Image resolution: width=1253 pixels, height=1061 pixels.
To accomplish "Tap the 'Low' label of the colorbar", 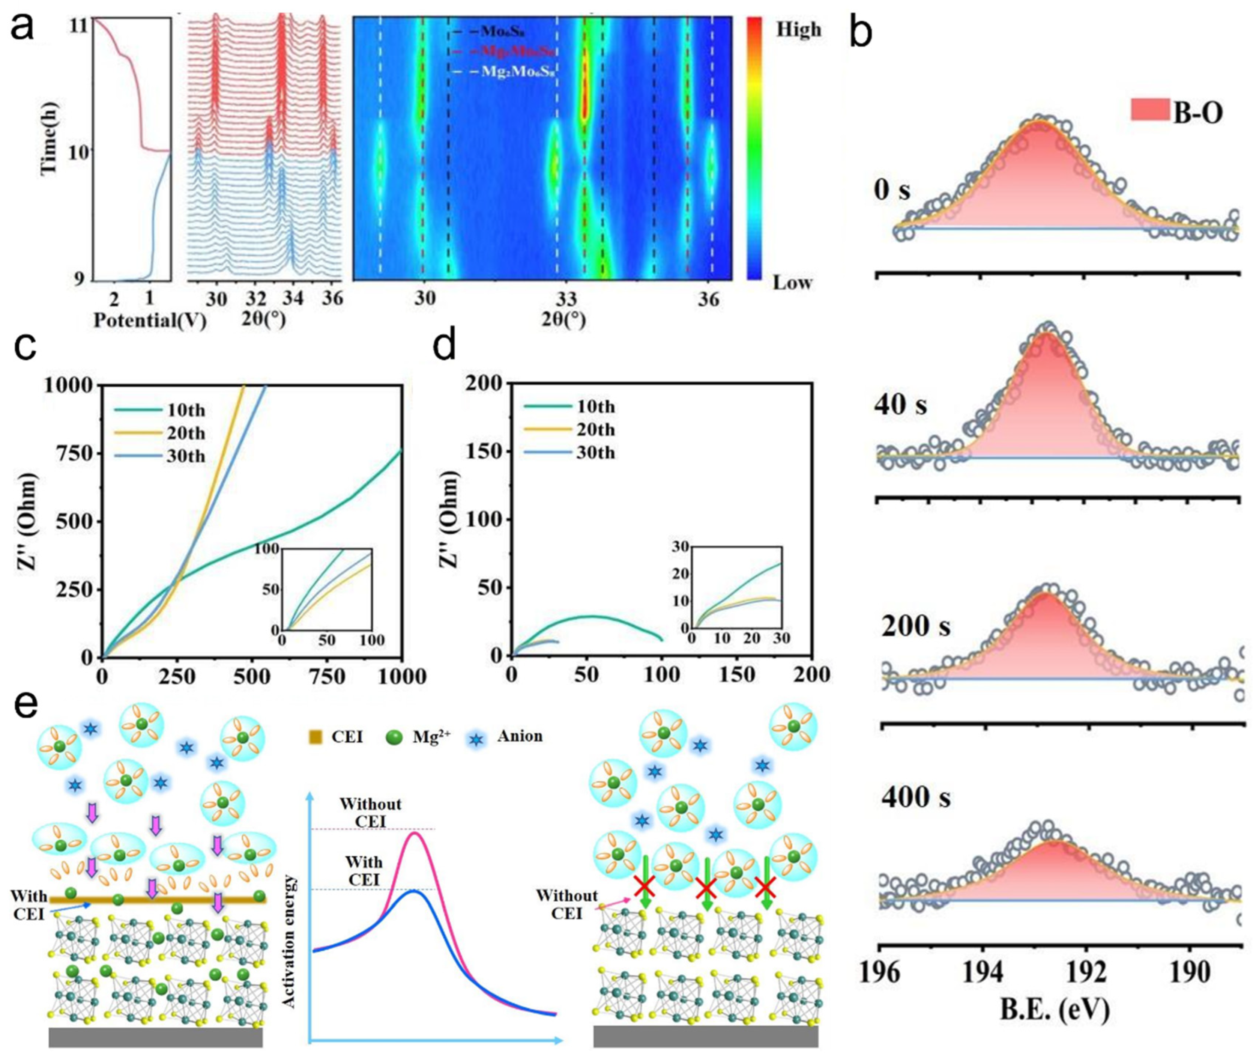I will [792, 282].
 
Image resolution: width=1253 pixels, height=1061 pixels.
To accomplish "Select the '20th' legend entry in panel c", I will [186, 433].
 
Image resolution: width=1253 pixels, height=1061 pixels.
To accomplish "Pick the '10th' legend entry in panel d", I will [595, 407].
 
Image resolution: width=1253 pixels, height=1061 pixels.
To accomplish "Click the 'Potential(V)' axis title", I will [150, 320].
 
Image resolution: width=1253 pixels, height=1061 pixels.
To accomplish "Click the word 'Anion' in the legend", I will [520, 736].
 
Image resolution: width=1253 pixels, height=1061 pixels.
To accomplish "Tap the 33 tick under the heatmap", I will [566, 299].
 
